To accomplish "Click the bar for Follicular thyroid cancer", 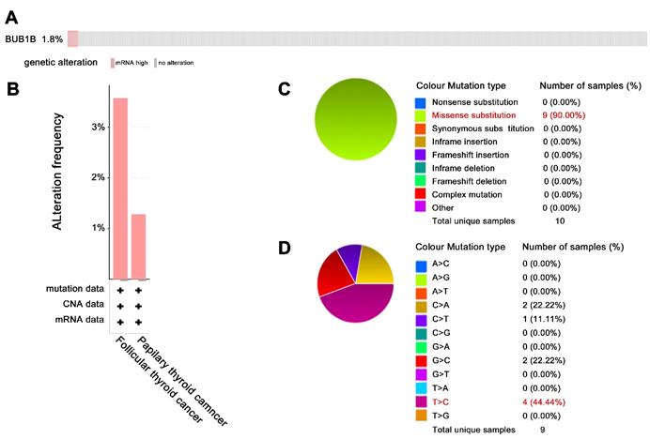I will click(x=120, y=188).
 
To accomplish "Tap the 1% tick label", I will click(x=97, y=228).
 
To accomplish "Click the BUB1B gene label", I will click(x=22, y=38).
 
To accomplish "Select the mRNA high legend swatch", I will click(x=113, y=63).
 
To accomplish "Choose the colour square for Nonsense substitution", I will click(x=420, y=100).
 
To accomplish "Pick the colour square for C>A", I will click(x=420, y=306).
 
